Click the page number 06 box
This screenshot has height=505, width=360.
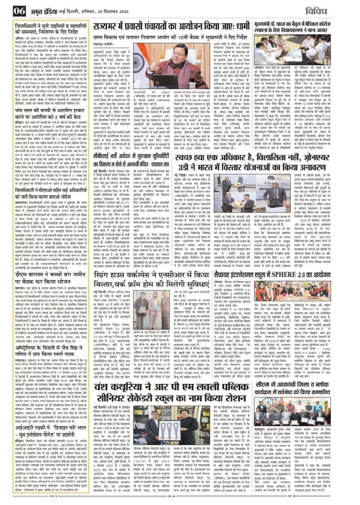(x=19, y=11)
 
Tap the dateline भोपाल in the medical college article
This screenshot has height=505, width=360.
(x=258, y=67)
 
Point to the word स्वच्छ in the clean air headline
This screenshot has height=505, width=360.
(x=186, y=158)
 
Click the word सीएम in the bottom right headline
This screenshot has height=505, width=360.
(x=263, y=383)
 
